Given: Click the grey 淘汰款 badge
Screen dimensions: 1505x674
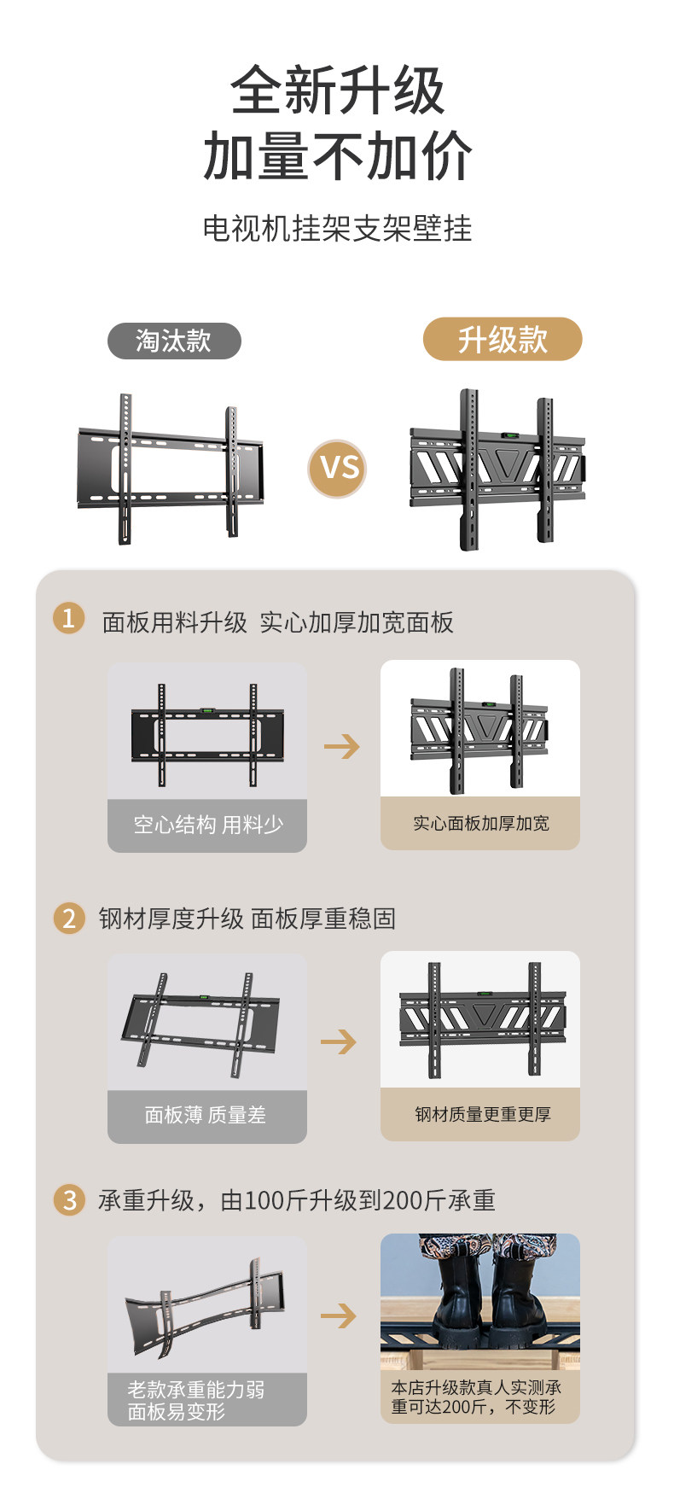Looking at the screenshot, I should point(174,341).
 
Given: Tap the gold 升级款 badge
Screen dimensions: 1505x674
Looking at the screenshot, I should point(503,340).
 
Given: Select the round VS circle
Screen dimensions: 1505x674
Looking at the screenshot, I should point(338,468).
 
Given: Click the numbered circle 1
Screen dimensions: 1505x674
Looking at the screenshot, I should point(69,618).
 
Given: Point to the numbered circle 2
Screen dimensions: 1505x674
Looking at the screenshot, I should point(69,918).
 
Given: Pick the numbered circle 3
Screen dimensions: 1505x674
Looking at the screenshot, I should point(69,1199).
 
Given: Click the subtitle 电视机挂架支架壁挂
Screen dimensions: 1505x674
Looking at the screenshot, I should point(337,228).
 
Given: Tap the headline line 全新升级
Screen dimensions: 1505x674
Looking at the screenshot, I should point(337,91).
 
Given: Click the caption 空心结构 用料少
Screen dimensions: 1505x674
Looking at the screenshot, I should point(207,825).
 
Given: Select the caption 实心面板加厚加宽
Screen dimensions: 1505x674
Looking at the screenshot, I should point(480,823).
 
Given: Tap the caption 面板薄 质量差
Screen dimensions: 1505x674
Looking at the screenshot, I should point(206,1115).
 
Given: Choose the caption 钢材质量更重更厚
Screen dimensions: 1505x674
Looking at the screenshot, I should point(482,1114).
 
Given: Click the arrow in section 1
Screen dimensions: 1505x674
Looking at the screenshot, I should point(342,747).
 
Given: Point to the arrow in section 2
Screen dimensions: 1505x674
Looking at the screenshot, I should point(339,1041).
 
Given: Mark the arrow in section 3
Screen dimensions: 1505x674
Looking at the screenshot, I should point(339,1315).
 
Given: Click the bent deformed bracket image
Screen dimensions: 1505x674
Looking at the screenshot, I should point(206,1306).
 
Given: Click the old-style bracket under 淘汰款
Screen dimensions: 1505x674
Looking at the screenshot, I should point(171,469).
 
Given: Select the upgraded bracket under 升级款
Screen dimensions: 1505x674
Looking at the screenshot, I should point(498,470).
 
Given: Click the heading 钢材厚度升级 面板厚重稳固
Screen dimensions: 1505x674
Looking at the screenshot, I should point(247,919).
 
